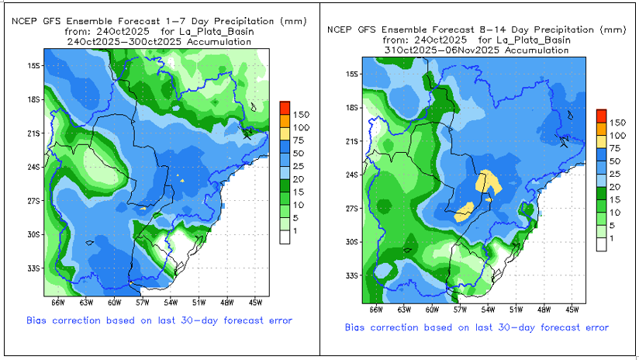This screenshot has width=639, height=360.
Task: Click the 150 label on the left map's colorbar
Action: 302,114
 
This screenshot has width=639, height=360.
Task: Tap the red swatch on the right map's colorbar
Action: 601,115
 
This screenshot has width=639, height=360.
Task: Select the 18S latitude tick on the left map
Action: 33,99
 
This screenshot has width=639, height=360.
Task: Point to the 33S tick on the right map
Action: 351,275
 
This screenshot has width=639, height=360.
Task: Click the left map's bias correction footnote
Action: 159,319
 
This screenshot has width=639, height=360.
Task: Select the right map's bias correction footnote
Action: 477,327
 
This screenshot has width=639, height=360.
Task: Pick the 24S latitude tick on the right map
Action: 351,175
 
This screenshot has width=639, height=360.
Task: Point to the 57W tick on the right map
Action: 459,309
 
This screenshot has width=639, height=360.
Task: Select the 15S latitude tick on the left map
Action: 33,66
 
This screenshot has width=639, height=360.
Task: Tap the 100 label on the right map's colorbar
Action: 617,135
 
